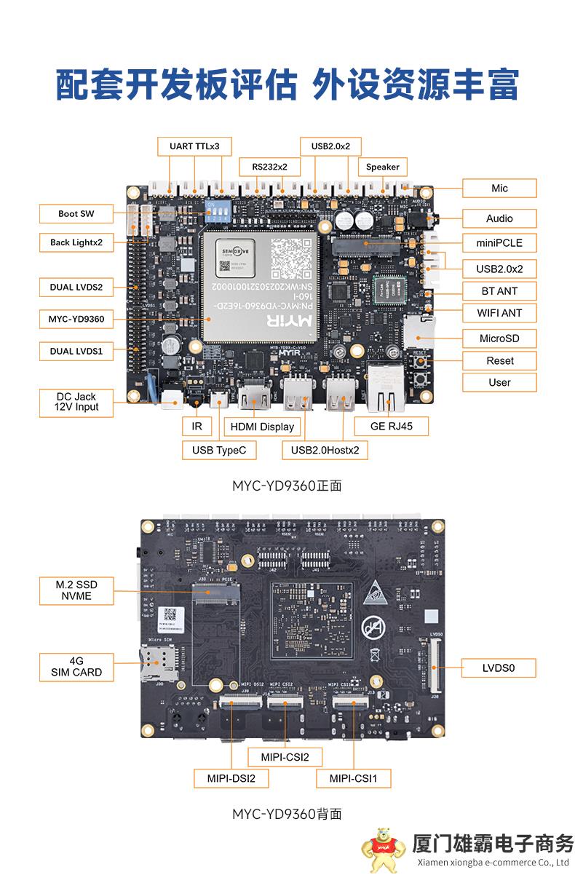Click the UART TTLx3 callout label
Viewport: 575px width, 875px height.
pyautogui.click(x=194, y=146)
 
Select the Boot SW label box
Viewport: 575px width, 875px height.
pyautogui.click(x=76, y=214)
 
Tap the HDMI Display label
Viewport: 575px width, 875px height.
pyautogui.click(x=262, y=427)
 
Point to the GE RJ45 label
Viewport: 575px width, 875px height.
pyautogui.click(x=391, y=426)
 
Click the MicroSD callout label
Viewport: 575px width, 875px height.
pyautogui.click(x=499, y=338)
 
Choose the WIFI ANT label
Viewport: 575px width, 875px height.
pyautogui.click(x=499, y=313)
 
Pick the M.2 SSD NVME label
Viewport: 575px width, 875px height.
pyautogui.click(x=76, y=590)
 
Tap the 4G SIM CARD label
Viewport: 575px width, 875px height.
pyautogui.click(x=76, y=667)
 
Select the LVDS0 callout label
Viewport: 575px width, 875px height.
pyautogui.click(x=499, y=668)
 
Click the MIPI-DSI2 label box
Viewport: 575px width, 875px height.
pyautogui.click(x=231, y=778)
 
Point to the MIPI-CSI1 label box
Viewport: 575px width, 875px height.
pyautogui.click(x=354, y=778)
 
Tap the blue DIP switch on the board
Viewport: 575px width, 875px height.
pyautogui.click(x=217, y=209)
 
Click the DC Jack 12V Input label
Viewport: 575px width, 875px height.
pyautogui.click(x=76, y=403)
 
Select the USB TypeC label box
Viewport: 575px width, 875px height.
pyautogui.click(x=219, y=451)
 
